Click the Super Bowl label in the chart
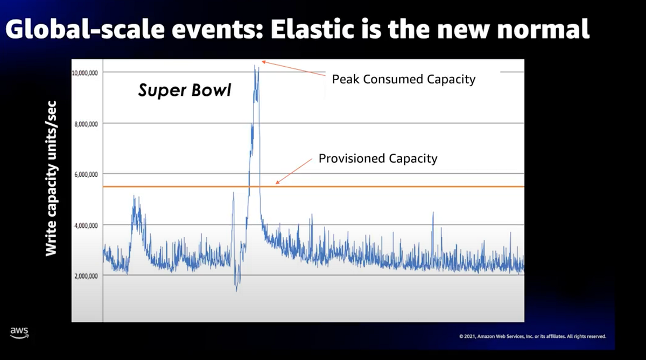coord(184,90)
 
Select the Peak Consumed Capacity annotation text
coord(404,80)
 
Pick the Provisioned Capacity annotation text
coord(378,159)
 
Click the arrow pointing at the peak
coord(293,70)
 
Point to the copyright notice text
coord(533,336)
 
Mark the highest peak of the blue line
coord(255,66)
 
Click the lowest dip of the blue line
coord(236,291)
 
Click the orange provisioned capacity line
coord(404,187)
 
